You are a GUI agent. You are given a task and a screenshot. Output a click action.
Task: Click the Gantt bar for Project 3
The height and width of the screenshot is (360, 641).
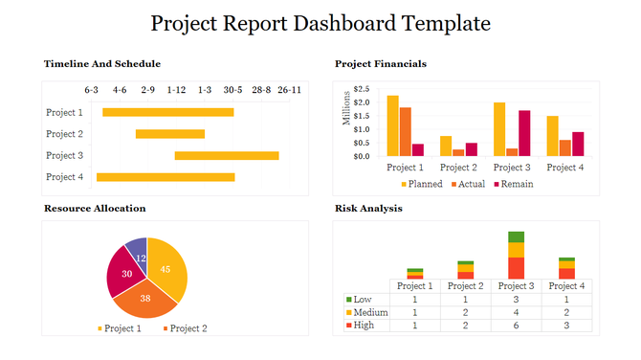pyautogui.click(x=227, y=155)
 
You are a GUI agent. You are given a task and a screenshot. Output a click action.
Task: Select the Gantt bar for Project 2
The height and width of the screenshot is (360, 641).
pyautogui.click(x=170, y=134)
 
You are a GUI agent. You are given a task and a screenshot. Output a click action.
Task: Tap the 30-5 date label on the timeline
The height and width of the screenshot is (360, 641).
pyautogui.click(x=232, y=90)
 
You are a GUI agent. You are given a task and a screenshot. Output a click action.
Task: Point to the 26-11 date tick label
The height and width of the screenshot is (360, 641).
pyautogui.click(x=290, y=90)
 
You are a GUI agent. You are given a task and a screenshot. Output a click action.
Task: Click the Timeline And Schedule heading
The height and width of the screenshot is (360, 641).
pyautogui.click(x=102, y=64)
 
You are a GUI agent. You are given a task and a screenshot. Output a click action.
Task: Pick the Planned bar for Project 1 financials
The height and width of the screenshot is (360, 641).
pyautogui.click(x=392, y=125)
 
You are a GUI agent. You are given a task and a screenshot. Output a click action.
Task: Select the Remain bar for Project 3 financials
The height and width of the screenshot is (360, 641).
pyautogui.click(x=524, y=133)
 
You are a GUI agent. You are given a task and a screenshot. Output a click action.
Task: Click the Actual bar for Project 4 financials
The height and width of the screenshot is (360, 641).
pyautogui.click(x=565, y=147)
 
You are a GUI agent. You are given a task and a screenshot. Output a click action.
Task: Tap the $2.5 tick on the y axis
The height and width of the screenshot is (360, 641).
pyautogui.click(x=361, y=90)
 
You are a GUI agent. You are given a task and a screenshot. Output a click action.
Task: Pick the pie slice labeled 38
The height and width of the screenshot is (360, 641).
pyautogui.click(x=146, y=298)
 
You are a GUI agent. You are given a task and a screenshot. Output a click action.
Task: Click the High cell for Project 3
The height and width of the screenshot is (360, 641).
pyautogui.click(x=517, y=326)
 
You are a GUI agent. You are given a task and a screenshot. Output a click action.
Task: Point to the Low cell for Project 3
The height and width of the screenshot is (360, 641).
pyautogui.click(x=517, y=299)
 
